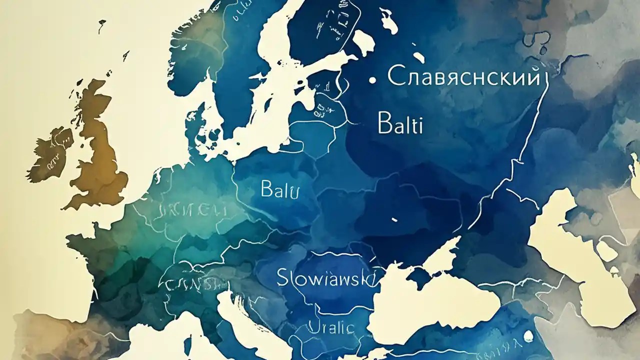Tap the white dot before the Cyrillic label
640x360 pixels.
tap(371, 79)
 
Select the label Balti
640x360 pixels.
tap(400, 124)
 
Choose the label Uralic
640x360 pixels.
tap(331, 328)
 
